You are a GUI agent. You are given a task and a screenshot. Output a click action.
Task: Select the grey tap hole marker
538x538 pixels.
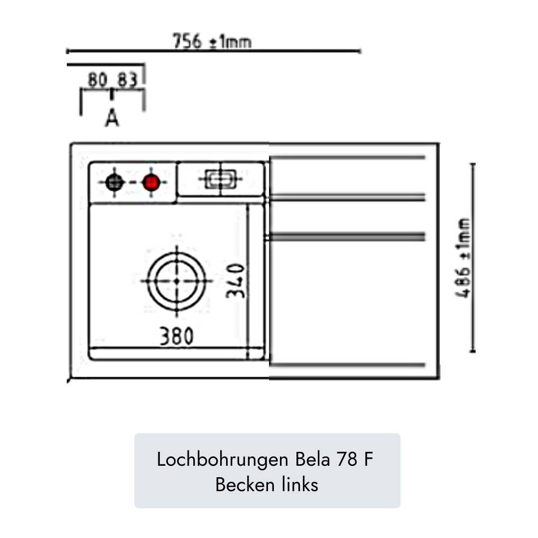(x=115, y=182)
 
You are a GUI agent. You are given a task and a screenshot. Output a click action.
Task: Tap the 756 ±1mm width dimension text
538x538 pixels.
(x=212, y=41)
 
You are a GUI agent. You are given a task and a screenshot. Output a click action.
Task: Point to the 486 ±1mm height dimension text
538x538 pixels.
(x=463, y=258)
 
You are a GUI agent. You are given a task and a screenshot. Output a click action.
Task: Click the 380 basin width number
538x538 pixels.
(x=176, y=337)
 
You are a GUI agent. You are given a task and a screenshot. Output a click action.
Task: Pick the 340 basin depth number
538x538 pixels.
(x=236, y=281)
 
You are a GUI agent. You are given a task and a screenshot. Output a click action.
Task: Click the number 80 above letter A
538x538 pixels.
(x=98, y=80)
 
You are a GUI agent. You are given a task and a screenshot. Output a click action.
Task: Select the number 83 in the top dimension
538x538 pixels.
(x=128, y=80)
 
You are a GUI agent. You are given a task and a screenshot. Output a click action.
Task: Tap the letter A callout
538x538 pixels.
(x=113, y=118)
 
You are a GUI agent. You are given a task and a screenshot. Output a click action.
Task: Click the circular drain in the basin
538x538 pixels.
(x=176, y=281)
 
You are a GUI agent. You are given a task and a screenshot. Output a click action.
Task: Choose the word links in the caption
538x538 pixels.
(x=299, y=484)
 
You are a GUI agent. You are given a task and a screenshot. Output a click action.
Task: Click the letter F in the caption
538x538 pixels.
(x=368, y=459)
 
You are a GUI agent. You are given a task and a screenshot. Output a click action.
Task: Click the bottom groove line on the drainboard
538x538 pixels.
(x=348, y=365)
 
